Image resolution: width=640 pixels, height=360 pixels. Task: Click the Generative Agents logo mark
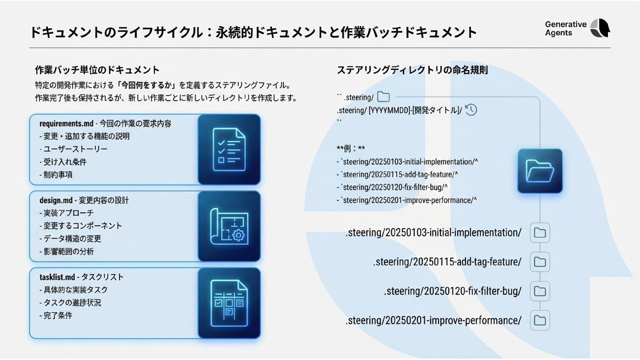(600, 28)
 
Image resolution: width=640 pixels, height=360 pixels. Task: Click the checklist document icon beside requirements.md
(229, 149)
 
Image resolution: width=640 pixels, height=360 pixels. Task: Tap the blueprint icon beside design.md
(229, 226)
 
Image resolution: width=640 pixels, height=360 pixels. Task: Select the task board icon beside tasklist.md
(229, 303)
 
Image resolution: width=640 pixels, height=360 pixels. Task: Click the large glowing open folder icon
(540, 171)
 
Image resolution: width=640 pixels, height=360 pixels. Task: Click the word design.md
(56, 200)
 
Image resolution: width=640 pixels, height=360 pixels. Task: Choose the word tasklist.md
(57, 277)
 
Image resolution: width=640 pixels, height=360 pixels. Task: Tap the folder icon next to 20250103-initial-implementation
(540, 233)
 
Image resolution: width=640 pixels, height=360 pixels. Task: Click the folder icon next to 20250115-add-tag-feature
(540, 262)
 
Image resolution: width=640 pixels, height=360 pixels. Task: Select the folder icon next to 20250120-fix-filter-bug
(540, 291)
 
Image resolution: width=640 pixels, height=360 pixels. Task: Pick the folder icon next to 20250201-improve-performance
(540, 320)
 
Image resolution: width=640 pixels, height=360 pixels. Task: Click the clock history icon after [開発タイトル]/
(471, 110)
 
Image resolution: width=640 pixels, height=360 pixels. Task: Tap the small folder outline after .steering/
(383, 97)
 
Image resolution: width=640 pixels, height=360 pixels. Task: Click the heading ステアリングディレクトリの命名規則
(412, 70)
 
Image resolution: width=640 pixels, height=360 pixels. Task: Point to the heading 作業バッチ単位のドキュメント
(97, 70)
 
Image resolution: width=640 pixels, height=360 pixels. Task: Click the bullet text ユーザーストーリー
(75, 149)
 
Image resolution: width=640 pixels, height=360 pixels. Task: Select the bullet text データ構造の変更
(72, 239)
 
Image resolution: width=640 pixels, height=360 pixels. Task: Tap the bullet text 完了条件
(57, 316)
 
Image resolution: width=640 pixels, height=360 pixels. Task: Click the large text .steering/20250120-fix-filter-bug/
(452, 291)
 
